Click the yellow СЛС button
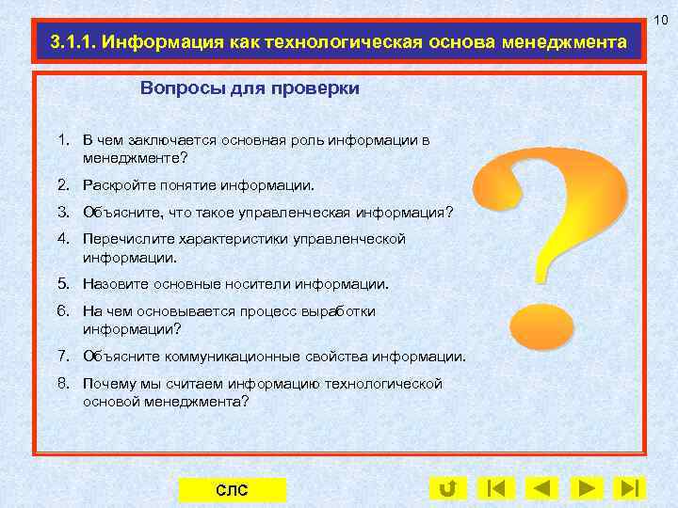tap(232, 490)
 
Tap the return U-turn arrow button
tap(448, 488)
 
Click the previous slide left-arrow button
tap(541, 488)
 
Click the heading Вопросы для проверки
tap(250, 88)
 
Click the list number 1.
tap(63, 140)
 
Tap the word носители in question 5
tap(259, 283)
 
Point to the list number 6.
tap(63, 310)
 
